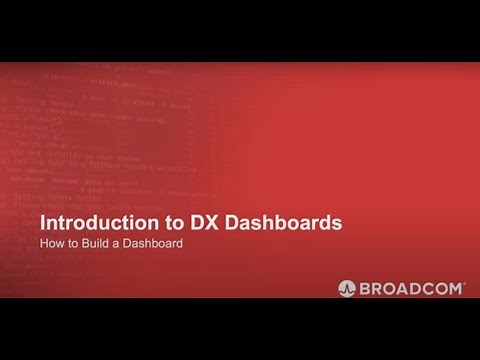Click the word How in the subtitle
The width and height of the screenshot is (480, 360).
pyautogui.click(x=51, y=244)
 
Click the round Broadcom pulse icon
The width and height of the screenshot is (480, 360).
pyautogui.click(x=347, y=288)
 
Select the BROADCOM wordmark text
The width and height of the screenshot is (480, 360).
pyautogui.click(x=410, y=288)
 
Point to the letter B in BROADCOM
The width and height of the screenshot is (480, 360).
pyautogui.click(x=364, y=288)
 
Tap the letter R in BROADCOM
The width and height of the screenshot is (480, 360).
pyautogui.click(x=376, y=288)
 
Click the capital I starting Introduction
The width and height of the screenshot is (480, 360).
pyautogui.click(x=41, y=222)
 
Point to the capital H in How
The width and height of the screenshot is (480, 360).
pyautogui.click(x=45, y=244)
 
